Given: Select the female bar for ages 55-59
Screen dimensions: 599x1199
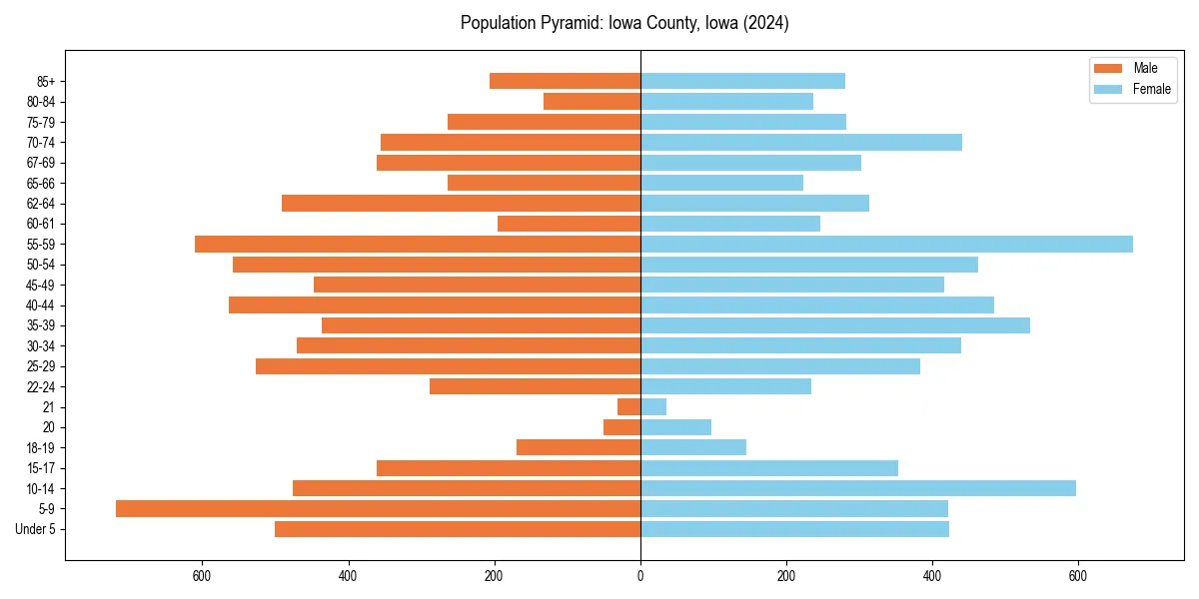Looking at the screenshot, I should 886,244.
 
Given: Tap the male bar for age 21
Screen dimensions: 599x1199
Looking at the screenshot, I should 629,407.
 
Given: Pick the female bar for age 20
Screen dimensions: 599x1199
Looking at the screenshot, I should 675,427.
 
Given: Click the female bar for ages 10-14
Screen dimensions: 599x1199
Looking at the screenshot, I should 857,488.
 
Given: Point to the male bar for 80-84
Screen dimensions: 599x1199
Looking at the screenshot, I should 592,101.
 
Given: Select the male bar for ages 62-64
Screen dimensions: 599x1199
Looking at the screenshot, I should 461,203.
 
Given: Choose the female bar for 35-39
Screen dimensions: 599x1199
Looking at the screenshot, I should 834,325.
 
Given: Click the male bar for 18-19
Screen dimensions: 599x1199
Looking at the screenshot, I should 579,447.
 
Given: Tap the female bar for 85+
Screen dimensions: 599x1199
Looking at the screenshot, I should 742,81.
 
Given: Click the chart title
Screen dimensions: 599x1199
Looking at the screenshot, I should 624,23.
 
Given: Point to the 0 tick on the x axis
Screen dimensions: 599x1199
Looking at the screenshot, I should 640,576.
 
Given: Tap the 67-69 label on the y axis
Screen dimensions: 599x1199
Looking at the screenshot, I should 41,163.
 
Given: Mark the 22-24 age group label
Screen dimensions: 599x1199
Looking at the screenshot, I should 41,386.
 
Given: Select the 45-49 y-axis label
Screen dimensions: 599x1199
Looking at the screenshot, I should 41,285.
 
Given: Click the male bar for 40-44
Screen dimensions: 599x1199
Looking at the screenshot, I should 435,304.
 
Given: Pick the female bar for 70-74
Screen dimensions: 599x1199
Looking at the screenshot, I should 800,142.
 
